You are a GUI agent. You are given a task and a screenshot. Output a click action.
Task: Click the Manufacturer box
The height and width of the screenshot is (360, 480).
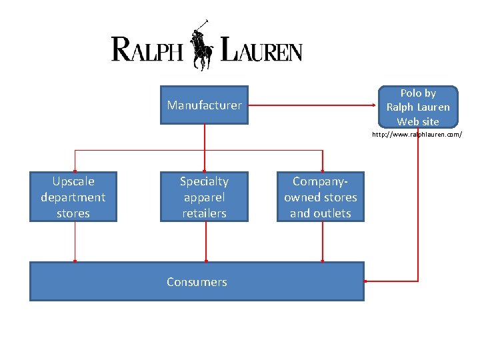(x=204, y=105)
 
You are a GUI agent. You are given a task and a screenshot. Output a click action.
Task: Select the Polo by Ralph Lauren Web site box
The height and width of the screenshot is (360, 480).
(x=418, y=107)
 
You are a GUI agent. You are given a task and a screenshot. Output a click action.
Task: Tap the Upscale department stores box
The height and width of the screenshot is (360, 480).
(x=73, y=197)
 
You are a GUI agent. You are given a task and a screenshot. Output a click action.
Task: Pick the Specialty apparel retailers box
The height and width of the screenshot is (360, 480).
(x=204, y=197)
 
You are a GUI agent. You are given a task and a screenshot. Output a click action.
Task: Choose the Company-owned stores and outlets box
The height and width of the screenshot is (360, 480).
(x=321, y=197)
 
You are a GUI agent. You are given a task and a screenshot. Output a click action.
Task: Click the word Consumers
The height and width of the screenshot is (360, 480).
(x=197, y=282)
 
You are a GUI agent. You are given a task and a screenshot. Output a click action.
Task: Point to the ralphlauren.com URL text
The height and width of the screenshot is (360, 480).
(x=417, y=135)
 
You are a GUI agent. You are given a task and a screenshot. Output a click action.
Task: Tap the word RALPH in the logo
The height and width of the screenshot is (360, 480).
(x=147, y=49)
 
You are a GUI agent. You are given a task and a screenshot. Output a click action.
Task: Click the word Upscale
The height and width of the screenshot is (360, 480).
(x=73, y=181)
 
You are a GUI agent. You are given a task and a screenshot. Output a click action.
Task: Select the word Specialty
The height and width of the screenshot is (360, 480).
(x=204, y=181)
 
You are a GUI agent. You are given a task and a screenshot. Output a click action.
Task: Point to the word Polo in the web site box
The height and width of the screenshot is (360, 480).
(x=409, y=93)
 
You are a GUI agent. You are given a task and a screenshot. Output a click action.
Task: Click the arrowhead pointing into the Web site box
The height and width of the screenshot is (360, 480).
(x=375, y=105)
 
